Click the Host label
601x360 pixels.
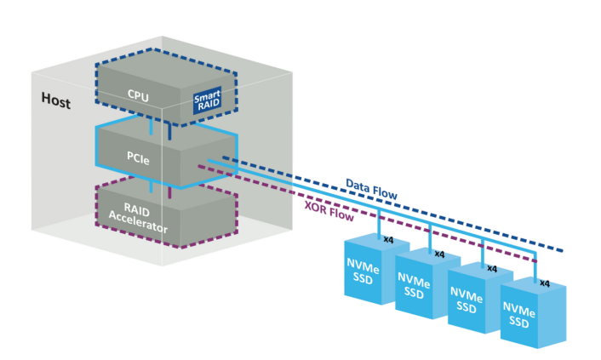pyautogui.click(x=56, y=100)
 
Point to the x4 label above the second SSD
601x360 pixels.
pyautogui.click(x=439, y=254)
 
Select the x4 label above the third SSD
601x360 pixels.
pyautogui.click(x=491, y=267)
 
